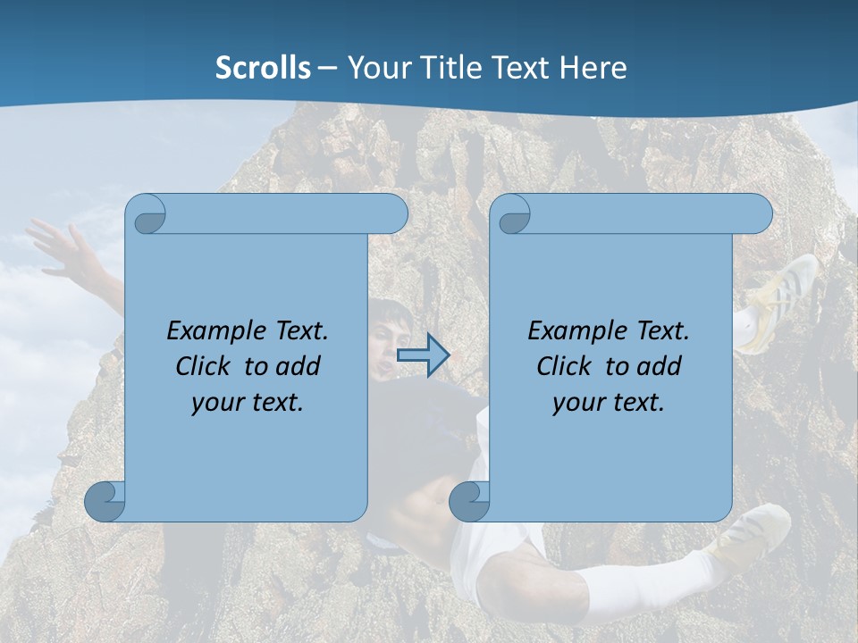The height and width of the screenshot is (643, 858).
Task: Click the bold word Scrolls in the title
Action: click(263, 68)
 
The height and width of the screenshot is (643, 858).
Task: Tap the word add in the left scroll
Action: click(298, 366)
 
